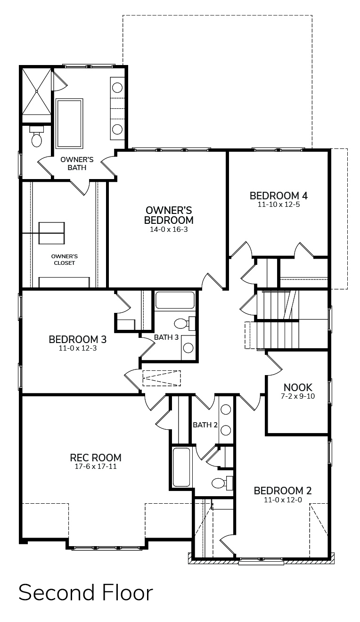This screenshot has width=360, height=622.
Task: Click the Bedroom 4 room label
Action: click(x=278, y=196)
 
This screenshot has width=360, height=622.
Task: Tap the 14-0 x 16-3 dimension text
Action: click(x=169, y=229)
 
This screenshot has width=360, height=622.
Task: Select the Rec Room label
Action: click(x=96, y=458)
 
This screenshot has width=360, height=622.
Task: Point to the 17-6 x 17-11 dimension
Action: click(x=96, y=466)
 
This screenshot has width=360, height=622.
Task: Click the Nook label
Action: click(x=298, y=387)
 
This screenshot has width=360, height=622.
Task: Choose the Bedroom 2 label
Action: click(x=283, y=491)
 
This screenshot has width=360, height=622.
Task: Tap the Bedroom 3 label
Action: click(x=78, y=339)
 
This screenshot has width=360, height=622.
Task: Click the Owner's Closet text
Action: click(x=65, y=260)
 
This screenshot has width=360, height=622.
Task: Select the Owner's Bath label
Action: click(x=77, y=164)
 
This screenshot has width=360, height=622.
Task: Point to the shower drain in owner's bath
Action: click(x=36, y=91)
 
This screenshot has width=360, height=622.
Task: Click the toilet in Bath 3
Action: click(x=184, y=324)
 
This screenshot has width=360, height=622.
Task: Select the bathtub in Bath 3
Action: click(x=175, y=300)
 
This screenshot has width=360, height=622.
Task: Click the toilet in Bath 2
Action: click(x=222, y=483)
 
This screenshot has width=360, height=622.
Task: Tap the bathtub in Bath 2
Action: click(x=181, y=467)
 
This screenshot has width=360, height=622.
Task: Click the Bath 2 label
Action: click(x=205, y=425)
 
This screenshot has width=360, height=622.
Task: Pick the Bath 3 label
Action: click(x=166, y=337)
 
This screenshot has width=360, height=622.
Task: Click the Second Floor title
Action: click(x=86, y=592)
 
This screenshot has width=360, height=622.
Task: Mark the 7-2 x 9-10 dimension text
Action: click(x=298, y=396)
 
